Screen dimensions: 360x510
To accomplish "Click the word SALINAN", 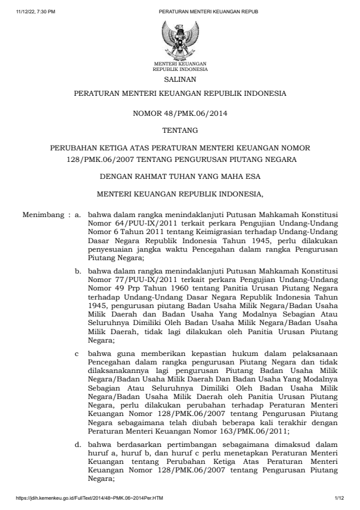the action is (179, 79).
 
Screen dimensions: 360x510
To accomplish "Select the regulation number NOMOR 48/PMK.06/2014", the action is (179, 112).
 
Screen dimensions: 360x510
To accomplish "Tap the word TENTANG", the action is (179, 130).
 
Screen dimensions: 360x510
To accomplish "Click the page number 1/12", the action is (339, 498).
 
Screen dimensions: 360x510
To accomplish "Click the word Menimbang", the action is (42, 215).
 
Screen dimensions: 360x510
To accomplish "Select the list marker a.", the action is (78, 215).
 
